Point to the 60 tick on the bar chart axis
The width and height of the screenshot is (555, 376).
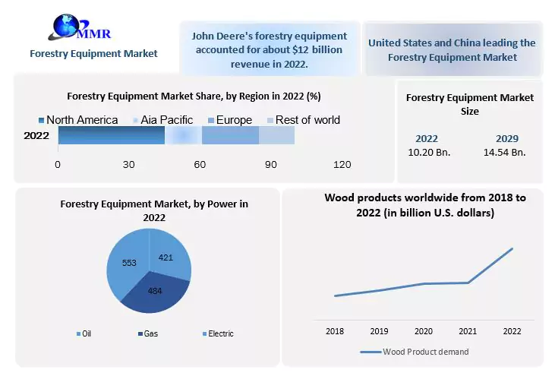pos(200,165)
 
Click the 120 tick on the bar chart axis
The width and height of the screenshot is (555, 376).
pos(342,165)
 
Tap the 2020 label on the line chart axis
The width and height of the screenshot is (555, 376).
pos(423,331)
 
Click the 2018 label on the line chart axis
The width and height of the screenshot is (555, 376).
pos(335,331)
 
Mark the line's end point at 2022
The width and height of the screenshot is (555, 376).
pos(512,248)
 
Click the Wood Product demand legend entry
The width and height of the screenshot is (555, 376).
pos(424,352)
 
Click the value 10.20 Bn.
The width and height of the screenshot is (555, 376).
pos(429,152)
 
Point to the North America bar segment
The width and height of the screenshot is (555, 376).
pos(111,136)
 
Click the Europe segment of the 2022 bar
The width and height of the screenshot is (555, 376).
pos(230,136)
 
